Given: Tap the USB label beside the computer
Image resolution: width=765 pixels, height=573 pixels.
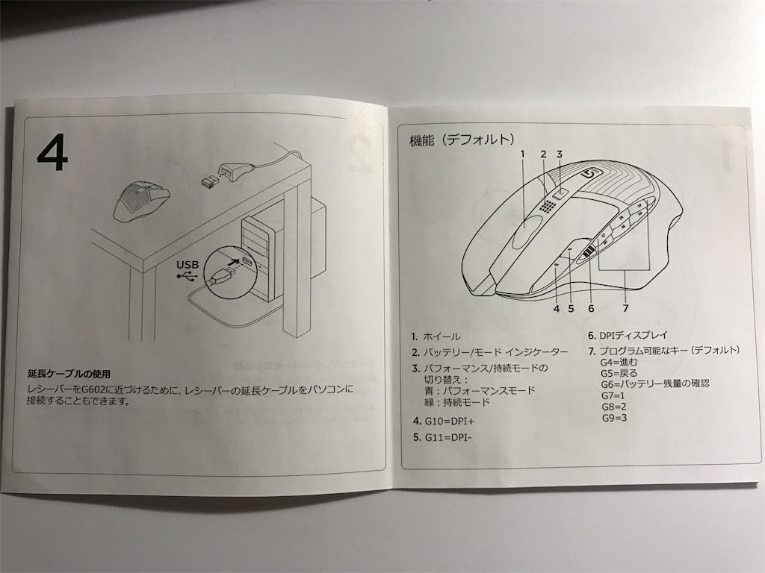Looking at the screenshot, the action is (188, 265).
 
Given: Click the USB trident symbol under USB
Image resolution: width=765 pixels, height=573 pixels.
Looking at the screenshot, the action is (186, 276).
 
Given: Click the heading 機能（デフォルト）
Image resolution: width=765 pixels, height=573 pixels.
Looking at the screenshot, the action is (462, 140).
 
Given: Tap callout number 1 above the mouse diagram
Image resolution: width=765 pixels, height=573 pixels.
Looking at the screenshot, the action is (522, 154).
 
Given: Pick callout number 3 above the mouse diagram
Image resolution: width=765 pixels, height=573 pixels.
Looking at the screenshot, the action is (559, 154).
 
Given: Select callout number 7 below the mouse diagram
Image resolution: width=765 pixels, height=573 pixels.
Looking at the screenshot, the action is (625, 308).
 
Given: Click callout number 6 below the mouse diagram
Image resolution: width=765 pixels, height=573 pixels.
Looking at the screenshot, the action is (592, 308).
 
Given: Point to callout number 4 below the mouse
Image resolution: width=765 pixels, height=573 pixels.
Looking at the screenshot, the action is (556, 308).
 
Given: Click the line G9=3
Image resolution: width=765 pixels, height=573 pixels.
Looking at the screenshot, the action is (614, 418).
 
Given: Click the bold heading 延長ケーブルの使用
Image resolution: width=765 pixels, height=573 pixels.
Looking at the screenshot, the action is (68, 375).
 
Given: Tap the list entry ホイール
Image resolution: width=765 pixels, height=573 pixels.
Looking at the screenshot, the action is (442, 336).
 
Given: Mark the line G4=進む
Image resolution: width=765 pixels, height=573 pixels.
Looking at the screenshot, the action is (619, 362).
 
